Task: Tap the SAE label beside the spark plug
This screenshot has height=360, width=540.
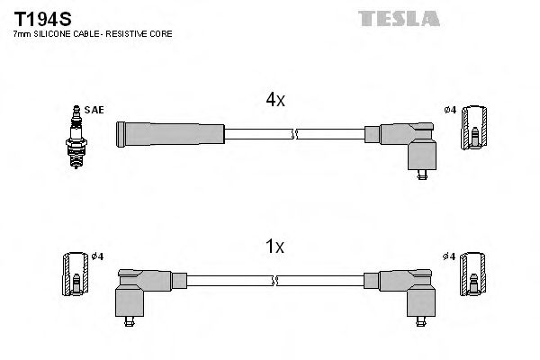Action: pyautogui.click(x=95, y=110)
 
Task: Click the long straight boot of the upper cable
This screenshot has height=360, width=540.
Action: pyautogui.click(x=171, y=135)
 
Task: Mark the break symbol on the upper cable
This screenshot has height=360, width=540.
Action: pyautogui.click(x=293, y=135)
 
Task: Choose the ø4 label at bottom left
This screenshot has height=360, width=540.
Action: pyautogui.click(x=96, y=256)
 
